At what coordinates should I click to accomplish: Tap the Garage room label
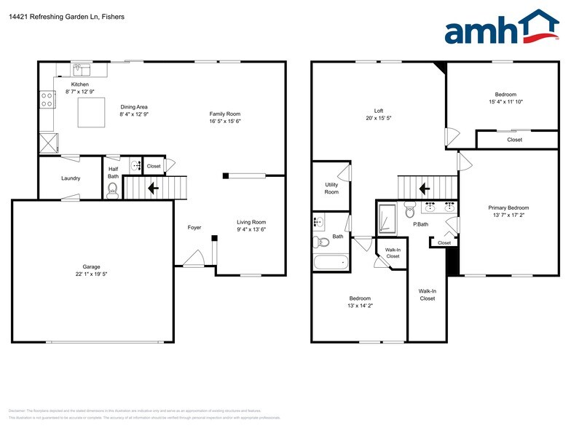[91, 266]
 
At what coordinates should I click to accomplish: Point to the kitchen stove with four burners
[47, 99]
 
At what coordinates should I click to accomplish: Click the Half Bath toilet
[112, 191]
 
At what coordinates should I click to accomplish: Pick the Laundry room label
[71, 178]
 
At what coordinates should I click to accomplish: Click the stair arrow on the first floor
[153, 189]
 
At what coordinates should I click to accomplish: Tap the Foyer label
[194, 228]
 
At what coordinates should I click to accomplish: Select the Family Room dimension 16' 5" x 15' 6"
[225, 122]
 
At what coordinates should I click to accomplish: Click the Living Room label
[251, 222]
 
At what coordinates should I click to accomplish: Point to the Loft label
[378, 111]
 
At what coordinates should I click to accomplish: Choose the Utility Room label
[331, 189]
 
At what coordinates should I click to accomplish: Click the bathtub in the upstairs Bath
[331, 262]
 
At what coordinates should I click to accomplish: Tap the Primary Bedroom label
[508, 208]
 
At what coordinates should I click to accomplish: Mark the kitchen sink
[80, 71]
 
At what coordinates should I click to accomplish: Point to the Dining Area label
[134, 107]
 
